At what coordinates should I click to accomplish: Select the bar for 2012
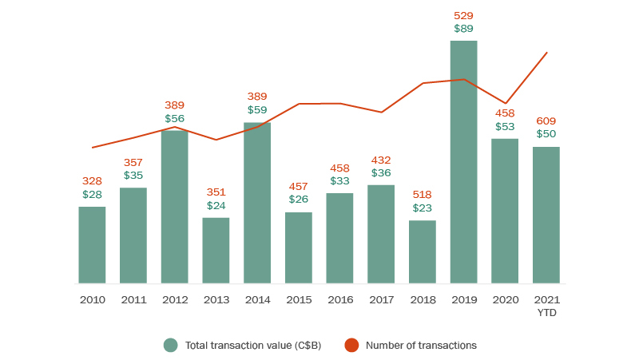coord(174,207)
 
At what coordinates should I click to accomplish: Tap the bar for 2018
coord(423,251)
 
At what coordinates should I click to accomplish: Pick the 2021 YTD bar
coord(546,215)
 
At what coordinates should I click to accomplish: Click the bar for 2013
coord(216,250)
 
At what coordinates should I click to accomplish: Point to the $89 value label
coord(463,29)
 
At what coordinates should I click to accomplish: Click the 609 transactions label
coord(546,121)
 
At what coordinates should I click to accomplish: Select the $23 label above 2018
coord(423,208)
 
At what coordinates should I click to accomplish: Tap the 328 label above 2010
coord(92,181)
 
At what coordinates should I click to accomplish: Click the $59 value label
coord(257,110)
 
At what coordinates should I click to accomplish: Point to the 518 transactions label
coord(423,194)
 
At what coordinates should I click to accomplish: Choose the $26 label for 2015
coord(298,200)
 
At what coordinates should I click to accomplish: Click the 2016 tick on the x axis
coord(339,299)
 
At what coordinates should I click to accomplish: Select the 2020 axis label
coord(505,299)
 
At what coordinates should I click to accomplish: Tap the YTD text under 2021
coord(546,312)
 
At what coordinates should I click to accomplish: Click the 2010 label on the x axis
coord(92,299)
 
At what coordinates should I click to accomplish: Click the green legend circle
coord(170,346)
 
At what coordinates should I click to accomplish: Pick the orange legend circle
coord(351,346)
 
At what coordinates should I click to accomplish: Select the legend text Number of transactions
coord(421,346)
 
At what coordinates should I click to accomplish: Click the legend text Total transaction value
coord(252,346)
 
